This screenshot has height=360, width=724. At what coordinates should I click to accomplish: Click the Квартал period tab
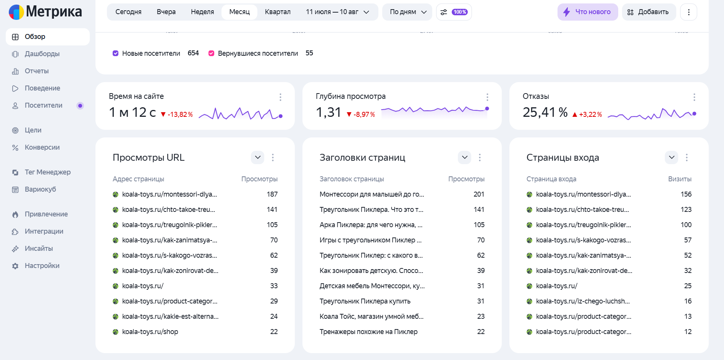[x=278, y=12]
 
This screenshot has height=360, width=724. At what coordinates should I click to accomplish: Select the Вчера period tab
[x=166, y=12]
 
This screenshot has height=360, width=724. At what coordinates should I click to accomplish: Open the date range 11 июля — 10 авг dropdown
[x=338, y=12]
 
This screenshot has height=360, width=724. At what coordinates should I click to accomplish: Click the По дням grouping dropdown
[x=407, y=12]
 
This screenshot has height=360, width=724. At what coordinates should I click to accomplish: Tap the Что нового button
[x=588, y=12]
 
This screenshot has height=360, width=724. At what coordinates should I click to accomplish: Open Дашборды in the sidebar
[x=42, y=54]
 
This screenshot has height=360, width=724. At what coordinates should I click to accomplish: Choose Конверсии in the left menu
[x=42, y=147]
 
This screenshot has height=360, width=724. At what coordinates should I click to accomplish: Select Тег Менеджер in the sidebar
[x=47, y=172]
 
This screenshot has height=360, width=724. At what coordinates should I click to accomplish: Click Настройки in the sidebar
[x=42, y=266]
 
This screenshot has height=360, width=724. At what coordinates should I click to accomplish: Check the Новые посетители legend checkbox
[x=116, y=53]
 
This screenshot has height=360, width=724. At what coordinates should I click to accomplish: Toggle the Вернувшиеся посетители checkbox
[x=211, y=53]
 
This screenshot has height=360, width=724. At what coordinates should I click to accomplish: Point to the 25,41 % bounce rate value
[x=545, y=112]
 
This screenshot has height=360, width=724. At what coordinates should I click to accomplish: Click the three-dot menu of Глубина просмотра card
[x=487, y=97]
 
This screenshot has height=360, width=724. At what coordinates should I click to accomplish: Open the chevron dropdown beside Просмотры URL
[x=258, y=157]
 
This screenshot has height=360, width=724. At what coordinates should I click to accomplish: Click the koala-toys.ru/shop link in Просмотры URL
[x=150, y=332]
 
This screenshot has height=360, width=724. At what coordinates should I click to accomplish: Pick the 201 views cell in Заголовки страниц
[x=479, y=194]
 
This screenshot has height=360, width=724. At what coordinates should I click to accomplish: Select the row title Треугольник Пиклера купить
[x=365, y=301]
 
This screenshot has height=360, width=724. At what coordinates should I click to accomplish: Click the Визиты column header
[x=680, y=179]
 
